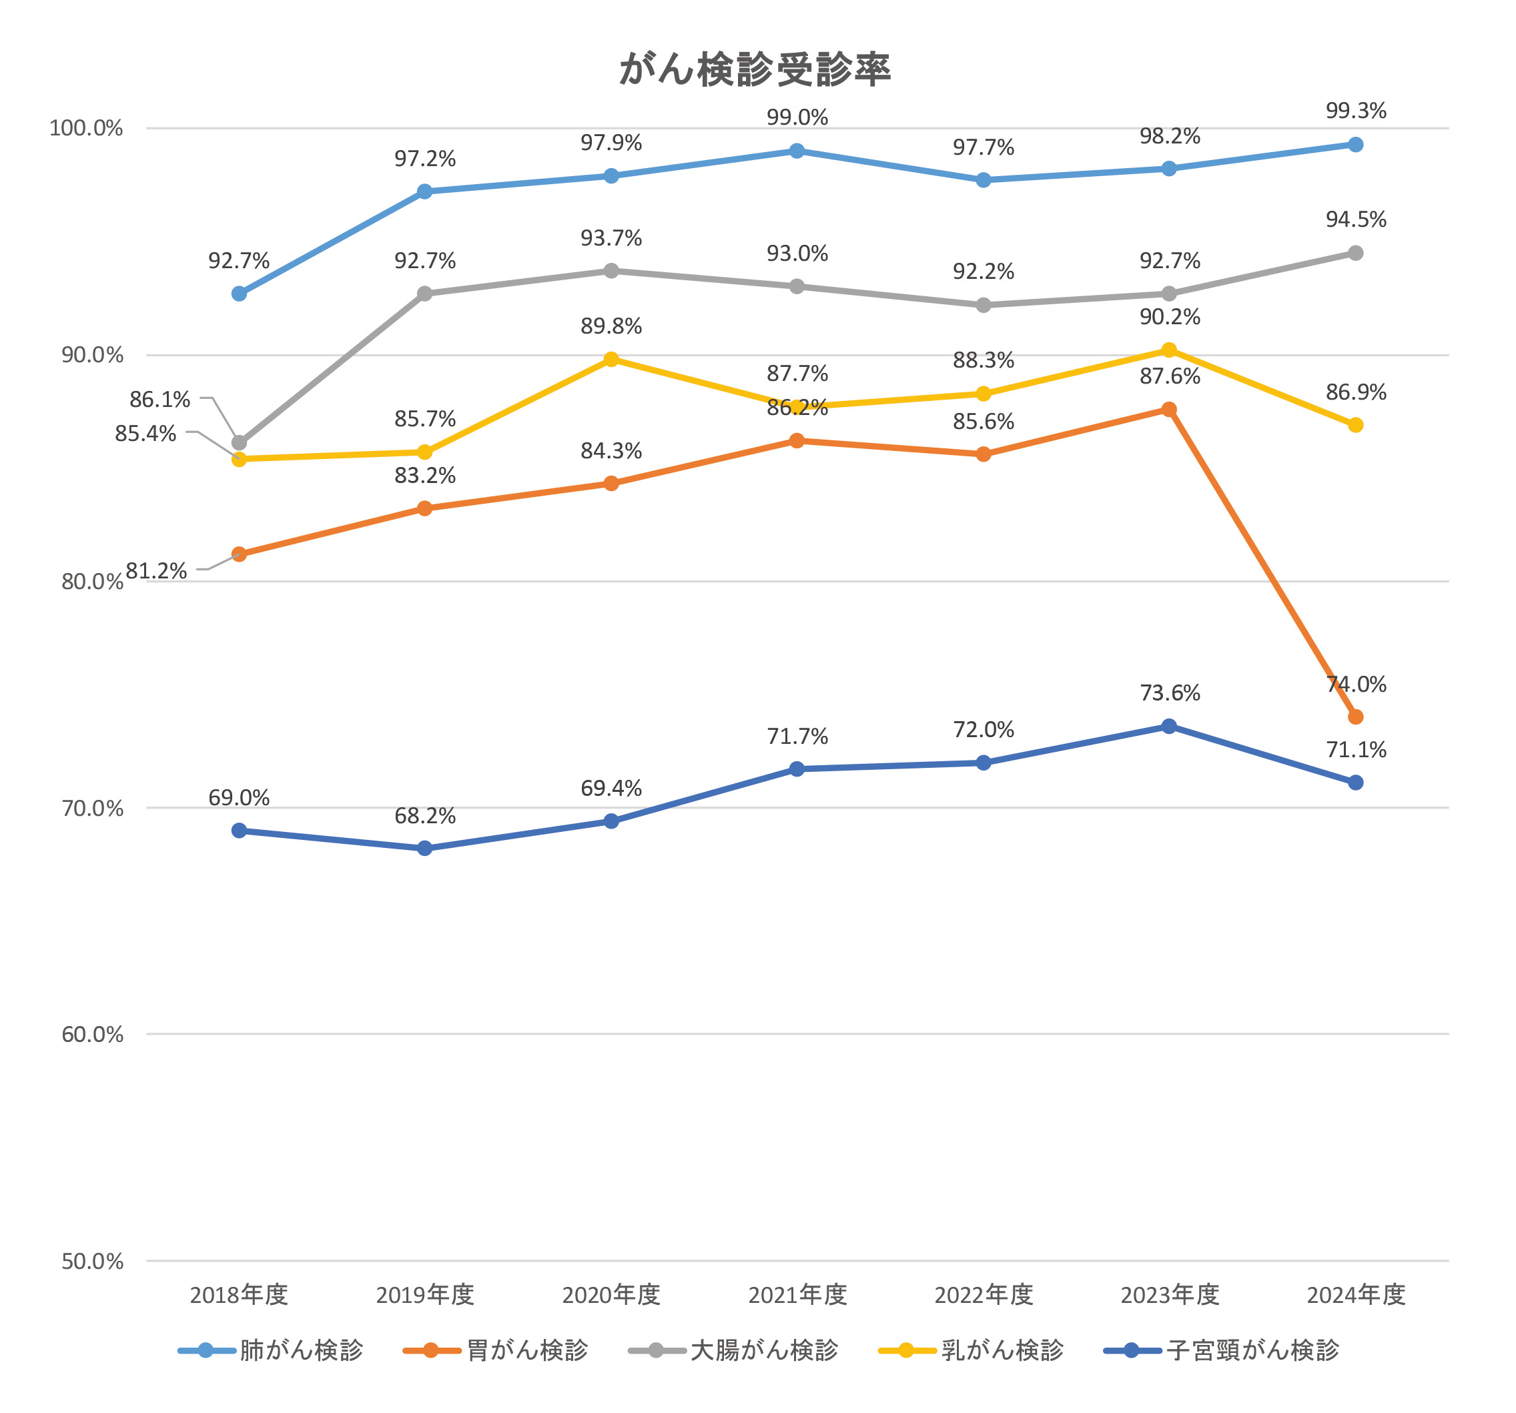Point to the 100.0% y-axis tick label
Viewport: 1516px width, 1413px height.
[86, 128]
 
